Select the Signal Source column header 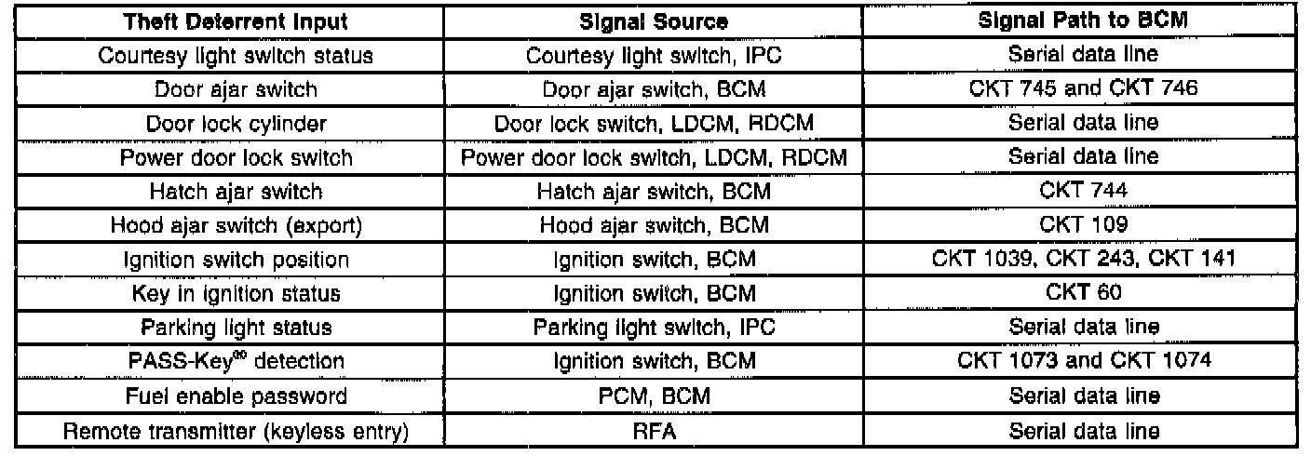coord(654,21)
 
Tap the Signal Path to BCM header coord(1083,21)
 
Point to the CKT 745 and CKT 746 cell coord(1083,89)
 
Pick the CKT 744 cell coord(1083,192)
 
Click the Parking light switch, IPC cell coord(654,328)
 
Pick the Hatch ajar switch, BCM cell coord(654,192)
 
